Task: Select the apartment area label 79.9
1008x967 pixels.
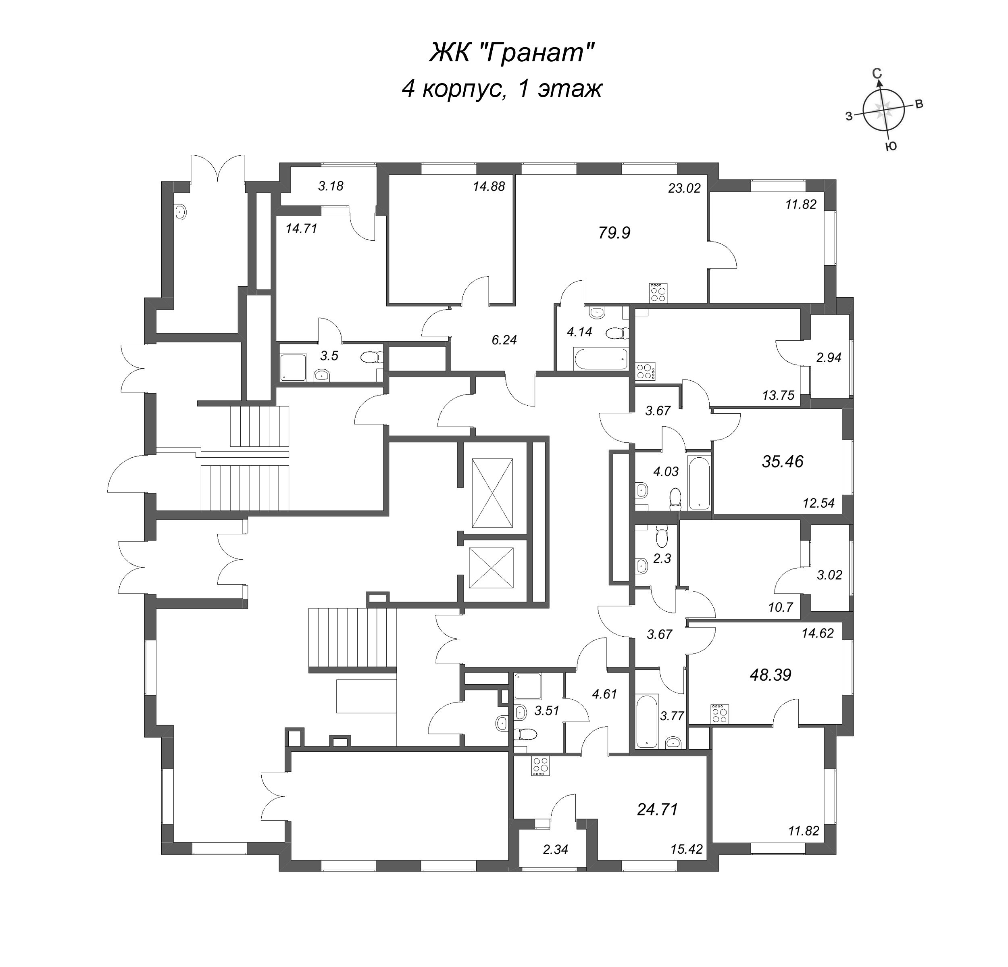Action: tap(614, 233)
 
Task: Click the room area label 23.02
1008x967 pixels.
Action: tap(684, 188)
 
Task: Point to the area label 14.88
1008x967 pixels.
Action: tap(489, 186)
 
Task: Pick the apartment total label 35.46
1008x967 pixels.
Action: tap(782, 462)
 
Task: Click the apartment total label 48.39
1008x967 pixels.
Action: tap(771, 675)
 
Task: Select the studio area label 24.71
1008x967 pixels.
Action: tap(657, 810)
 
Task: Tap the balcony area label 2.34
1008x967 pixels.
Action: tap(556, 849)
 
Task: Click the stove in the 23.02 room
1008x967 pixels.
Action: tap(658, 293)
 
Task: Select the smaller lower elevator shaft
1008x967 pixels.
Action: tap(491, 568)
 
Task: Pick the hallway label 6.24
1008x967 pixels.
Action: tap(504, 340)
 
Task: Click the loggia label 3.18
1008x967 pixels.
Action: tap(331, 186)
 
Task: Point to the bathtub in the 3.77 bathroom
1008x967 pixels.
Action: tap(646, 721)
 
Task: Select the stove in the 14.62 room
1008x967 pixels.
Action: tap(719, 714)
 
